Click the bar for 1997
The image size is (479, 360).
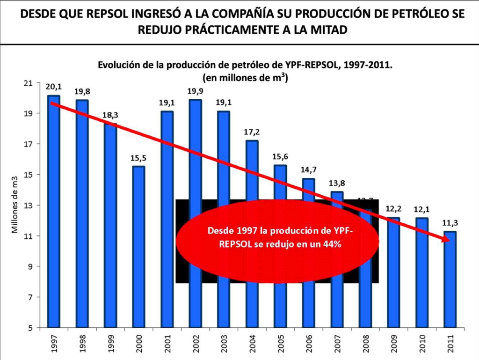click(x=54, y=211)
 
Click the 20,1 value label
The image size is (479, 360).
click(x=53, y=86)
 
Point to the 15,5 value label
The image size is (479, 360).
click(x=138, y=158)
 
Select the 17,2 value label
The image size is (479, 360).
click(x=252, y=132)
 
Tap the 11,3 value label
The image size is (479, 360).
click(x=450, y=223)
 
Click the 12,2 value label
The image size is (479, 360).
click(x=393, y=209)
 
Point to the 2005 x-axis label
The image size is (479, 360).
click(x=280, y=344)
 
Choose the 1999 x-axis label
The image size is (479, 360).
click(x=110, y=344)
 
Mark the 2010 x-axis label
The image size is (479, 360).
click(x=421, y=344)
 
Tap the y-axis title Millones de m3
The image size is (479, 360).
click(x=15, y=205)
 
